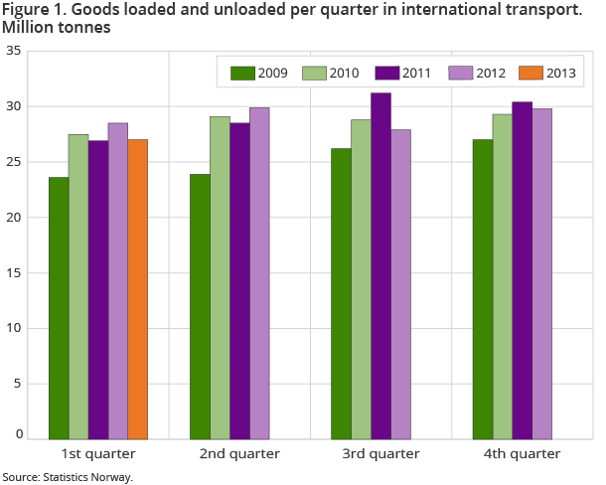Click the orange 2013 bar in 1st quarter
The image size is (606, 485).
click(138, 289)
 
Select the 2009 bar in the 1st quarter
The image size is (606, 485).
click(59, 308)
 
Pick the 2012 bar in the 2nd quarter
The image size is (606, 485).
click(259, 273)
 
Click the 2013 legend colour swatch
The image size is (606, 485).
click(527, 73)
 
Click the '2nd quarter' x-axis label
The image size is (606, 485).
click(239, 453)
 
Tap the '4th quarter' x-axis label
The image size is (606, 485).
click(522, 453)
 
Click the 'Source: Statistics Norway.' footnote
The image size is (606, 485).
click(68, 477)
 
